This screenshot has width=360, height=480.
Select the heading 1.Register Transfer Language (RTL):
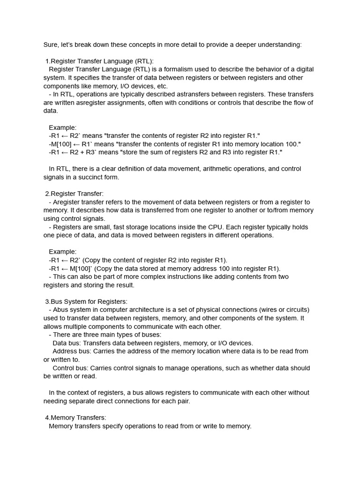[99, 61]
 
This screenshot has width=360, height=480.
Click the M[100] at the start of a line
[60, 144]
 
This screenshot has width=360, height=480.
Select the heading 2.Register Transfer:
[74, 194]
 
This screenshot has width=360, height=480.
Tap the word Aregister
[67, 202]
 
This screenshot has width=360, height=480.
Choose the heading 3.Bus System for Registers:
[86, 301]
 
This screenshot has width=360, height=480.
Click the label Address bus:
[73, 351]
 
